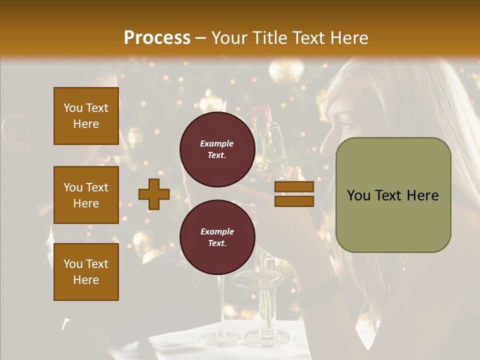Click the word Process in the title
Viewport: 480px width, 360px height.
pos(157,38)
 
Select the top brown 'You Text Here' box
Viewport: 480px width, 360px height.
pos(86,116)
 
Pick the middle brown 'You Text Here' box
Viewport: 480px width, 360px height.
pos(86,195)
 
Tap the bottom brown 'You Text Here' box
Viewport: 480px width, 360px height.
pos(86,272)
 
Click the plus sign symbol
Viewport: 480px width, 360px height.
pos(154,194)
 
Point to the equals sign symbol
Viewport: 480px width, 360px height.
pos(294,194)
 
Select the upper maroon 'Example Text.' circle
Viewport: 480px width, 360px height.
pos(217,149)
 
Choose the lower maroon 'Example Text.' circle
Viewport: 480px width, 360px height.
pos(217,237)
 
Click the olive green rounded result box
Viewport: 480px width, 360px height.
pos(393,195)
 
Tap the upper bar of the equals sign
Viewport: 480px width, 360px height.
pos(294,187)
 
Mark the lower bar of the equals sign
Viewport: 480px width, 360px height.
pos(294,201)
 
